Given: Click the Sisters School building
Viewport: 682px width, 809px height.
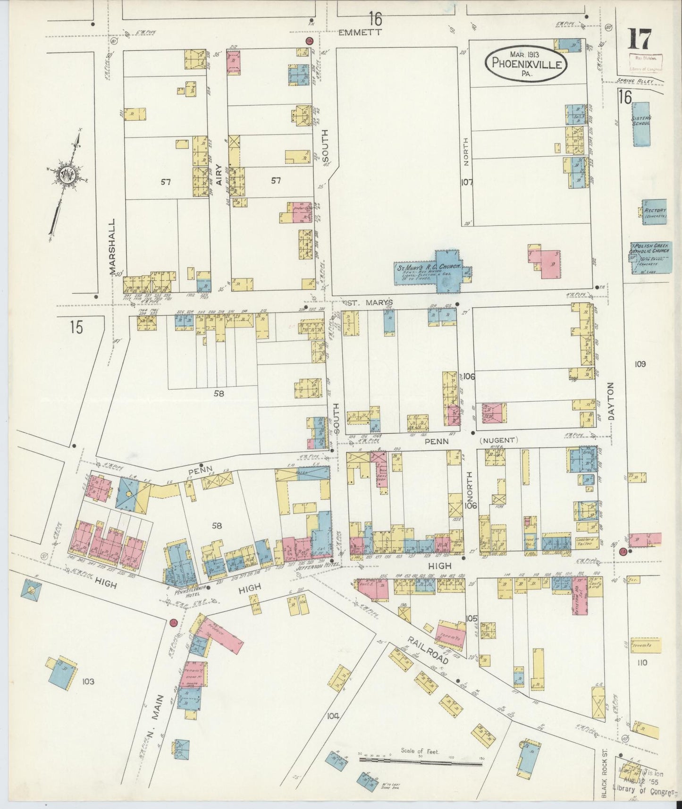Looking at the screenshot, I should coord(641,124).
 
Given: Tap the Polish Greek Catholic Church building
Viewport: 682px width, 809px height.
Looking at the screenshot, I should coord(651,257).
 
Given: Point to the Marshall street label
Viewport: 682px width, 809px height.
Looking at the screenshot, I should coord(112,246).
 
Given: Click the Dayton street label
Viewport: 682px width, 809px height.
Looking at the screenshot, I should coord(612,401).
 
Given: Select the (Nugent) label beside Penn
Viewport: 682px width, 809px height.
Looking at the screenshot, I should coord(499,440).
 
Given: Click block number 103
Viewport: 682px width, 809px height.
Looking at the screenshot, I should coord(88,681).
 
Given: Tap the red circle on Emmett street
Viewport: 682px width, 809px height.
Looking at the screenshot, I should coord(309,41).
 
